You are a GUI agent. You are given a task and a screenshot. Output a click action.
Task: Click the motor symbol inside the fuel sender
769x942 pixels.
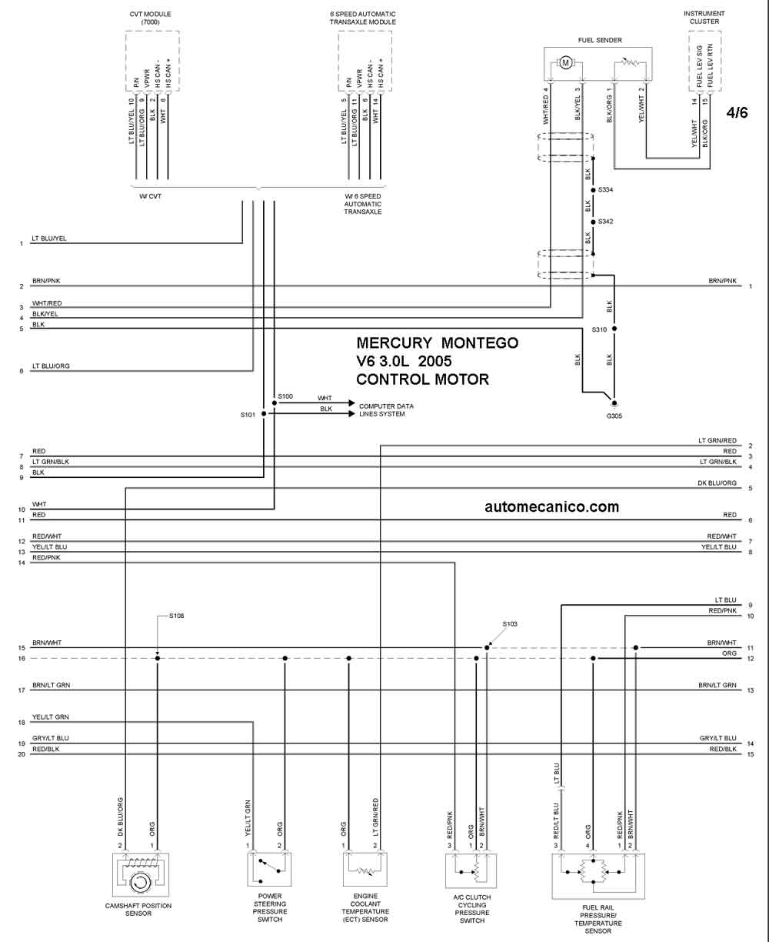[x=565, y=62]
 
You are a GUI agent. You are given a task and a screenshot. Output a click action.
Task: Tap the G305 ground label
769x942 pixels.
[x=614, y=416]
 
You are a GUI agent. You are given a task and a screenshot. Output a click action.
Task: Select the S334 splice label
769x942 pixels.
[x=606, y=190]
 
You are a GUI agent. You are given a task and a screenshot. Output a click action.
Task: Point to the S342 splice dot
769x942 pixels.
[x=593, y=222]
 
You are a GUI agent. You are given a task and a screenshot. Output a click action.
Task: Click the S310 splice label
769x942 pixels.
[x=599, y=329]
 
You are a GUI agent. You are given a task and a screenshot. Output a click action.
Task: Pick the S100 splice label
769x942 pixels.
[x=285, y=396]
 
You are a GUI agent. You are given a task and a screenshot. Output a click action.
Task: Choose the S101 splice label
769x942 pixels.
[x=248, y=415]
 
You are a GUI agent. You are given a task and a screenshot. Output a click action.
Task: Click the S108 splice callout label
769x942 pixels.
[x=177, y=616]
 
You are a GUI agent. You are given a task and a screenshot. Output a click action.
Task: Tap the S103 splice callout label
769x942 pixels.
[x=510, y=624]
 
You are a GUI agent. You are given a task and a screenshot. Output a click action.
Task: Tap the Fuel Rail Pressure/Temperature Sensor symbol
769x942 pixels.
[x=598, y=876]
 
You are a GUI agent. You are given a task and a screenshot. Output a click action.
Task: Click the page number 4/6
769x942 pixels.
[x=737, y=112]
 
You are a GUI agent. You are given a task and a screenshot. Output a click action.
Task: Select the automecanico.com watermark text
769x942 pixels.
[x=551, y=507]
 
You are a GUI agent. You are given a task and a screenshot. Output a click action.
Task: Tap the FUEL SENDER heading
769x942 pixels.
[x=600, y=40]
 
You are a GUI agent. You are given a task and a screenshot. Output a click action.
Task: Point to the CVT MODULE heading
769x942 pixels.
[x=151, y=18]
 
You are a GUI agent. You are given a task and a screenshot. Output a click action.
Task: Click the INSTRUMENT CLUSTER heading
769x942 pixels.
[x=704, y=18]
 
